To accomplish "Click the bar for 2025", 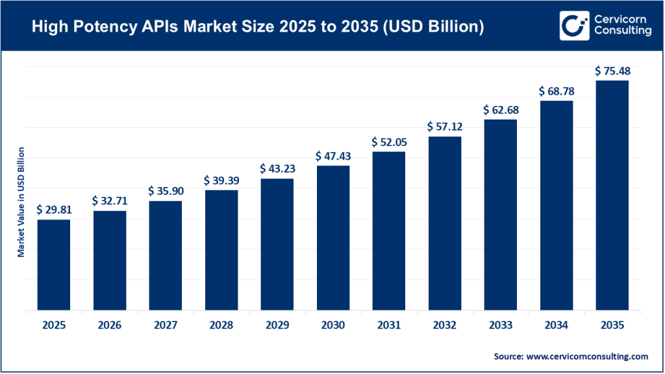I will tap(53, 265).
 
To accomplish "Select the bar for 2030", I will tap(332, 238).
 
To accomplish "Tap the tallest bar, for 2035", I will tap(612, 195).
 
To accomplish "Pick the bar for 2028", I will tap(221, 250).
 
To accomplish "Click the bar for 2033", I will tap(500, 215).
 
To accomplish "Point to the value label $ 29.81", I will tap(53, 210).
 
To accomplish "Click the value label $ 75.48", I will tap(612, 71).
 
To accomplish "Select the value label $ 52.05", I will tap(388, 142).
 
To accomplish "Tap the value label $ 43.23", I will tap(277, 169).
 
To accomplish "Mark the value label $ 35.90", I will tap(165, 191).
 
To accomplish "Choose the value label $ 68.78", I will tap(556, 91).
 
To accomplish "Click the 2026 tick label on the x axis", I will tap(109, 325).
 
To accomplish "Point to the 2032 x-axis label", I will tap(444, 325).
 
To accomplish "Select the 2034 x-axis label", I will tap(556, 325).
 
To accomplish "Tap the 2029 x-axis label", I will tap(277, 325).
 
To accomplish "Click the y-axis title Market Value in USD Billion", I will tap(21, 202).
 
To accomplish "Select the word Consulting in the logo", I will tap(622, 32).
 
